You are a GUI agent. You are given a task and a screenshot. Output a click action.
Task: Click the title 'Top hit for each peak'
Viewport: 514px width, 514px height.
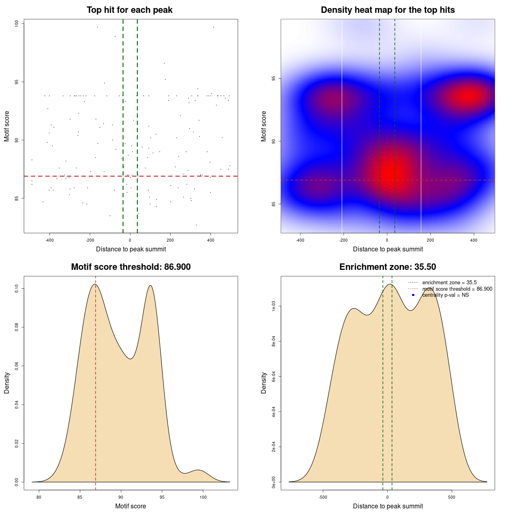[130, 10]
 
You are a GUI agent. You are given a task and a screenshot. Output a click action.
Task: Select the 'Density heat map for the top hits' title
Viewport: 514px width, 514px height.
[388, 10]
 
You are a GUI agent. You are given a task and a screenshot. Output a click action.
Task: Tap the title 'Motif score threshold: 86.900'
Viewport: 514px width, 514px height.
[131, 267]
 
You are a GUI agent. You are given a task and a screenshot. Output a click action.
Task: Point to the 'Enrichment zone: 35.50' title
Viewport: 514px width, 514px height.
[388, 267]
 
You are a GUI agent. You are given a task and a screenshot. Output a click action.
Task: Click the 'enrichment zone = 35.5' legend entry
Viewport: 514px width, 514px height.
[449, 283]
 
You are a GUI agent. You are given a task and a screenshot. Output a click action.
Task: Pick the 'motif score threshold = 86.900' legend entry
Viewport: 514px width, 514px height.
[457, 289]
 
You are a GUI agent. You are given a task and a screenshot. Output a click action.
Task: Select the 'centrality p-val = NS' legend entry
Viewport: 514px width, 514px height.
[445, 295]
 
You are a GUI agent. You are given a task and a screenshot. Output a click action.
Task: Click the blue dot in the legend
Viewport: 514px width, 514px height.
[413, 295]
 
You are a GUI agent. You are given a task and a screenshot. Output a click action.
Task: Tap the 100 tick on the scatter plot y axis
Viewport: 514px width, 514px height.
[17, 24]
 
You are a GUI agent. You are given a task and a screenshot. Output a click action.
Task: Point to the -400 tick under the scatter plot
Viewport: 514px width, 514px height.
[49, 240]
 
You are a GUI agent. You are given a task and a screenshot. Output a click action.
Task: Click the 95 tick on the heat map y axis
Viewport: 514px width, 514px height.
[274, 78]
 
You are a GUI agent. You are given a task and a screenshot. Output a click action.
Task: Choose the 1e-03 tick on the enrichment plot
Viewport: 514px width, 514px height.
[274, 306]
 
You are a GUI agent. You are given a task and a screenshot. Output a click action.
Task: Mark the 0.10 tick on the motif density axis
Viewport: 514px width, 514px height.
[17, 288]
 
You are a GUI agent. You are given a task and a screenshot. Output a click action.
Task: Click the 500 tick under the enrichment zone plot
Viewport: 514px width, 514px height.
[452, 497]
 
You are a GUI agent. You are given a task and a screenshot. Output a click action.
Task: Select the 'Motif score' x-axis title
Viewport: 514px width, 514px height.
[131, 506]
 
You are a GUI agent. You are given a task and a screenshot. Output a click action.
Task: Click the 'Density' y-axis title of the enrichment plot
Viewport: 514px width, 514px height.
[264, 383]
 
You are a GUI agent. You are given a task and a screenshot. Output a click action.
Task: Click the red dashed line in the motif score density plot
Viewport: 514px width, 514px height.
[96, 381]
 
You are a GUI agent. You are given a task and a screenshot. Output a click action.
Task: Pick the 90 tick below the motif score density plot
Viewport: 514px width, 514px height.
[120, 497]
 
